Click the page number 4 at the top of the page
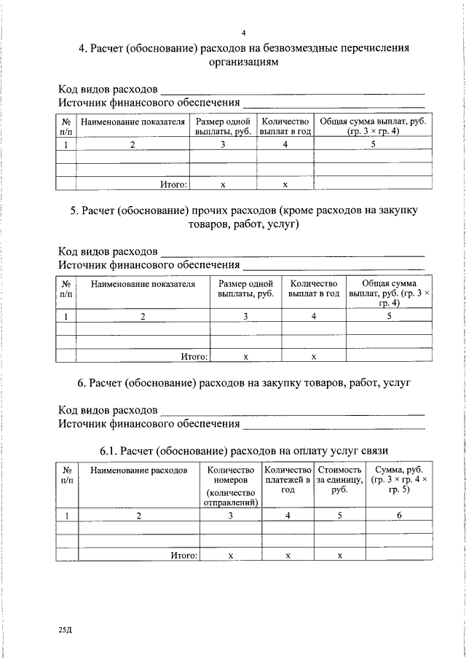click(x=244, y=33)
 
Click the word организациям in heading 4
click(x=244, y=63)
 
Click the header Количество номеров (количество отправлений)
click(x=231, y=486)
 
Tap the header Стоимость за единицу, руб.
click(x=339, y=481)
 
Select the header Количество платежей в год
click(x=288, y=481)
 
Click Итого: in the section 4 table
click(x=174, y=185)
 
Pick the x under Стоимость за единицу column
click(x=339, y=556)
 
